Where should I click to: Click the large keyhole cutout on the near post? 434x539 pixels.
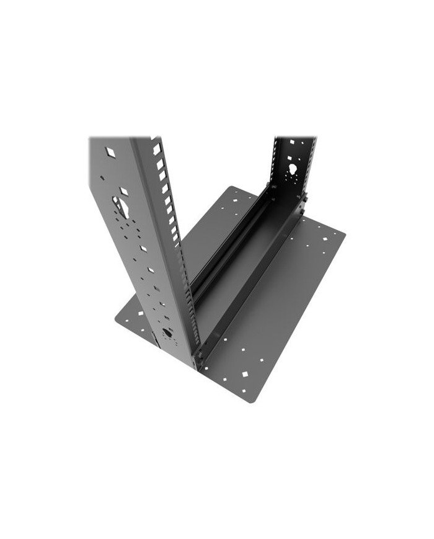click(122, 205)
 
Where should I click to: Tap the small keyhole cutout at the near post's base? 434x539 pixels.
click(166, 334)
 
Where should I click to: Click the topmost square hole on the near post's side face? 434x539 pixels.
click(110, 151)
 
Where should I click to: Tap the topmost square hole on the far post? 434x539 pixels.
click(286, 144)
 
